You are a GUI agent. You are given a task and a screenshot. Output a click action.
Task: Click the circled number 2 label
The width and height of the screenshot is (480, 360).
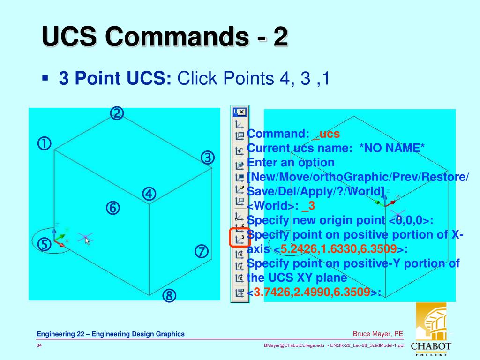(117, 113)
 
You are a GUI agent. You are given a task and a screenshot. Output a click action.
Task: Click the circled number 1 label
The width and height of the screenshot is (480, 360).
(45, 144)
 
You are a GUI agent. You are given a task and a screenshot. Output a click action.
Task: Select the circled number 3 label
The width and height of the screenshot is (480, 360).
(208, 158)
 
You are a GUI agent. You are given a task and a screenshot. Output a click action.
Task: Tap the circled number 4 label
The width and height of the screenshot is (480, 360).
(149, 194)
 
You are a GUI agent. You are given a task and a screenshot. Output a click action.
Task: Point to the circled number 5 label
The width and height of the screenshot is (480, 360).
(45, 244)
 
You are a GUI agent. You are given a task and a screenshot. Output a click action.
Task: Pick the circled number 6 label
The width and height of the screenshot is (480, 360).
(112, 208)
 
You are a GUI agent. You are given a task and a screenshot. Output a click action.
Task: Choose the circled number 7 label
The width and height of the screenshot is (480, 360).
(201, 252)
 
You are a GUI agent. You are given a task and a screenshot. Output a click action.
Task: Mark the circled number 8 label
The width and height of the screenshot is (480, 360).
(169, 296)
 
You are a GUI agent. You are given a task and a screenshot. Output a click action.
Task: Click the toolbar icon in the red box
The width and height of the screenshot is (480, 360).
(240, 238)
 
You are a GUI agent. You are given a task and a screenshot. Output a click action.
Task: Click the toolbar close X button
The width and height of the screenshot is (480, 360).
(241, 112)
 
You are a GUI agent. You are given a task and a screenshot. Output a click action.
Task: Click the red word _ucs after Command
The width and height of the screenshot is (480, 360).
(326, 134)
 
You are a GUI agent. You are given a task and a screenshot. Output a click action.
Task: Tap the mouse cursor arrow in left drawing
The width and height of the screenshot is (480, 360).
(87, 241)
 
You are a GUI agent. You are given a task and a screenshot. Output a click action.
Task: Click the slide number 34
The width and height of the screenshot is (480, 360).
(40, 345)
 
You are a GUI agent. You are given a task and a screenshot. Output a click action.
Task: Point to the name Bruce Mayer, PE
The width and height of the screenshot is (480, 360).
(378, 334)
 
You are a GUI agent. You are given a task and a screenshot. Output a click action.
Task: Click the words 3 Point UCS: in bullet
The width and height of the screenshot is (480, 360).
(115, 78)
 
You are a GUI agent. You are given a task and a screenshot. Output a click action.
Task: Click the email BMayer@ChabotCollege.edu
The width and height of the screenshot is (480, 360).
(294, 345)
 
